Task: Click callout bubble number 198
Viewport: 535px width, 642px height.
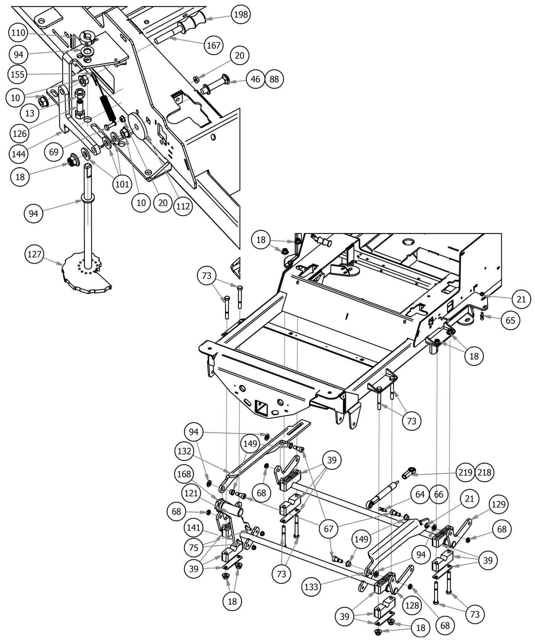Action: point(241,15)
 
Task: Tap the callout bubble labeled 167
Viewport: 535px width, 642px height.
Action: point(214,45)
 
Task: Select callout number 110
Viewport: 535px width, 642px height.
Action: point(18,33)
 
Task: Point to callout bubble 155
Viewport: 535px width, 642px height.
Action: point(18,74)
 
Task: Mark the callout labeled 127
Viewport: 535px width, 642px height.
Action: point(34,254)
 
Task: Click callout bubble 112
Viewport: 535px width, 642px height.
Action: point(182,206)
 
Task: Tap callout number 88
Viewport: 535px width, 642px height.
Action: point(274,79)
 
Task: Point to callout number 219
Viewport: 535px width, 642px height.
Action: point(465,472)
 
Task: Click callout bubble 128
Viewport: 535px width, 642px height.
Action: point(412,605)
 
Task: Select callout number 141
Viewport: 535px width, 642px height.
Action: point(194,528)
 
